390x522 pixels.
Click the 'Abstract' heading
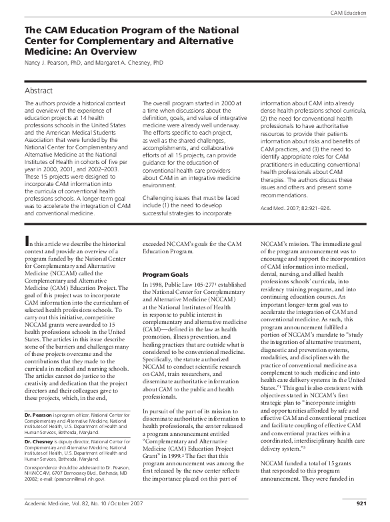click(38, 89)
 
